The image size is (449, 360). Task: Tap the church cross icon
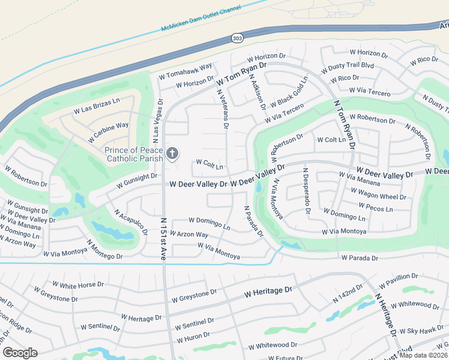(x=172, y=154)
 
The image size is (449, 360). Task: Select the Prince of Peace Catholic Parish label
(x=134, y=154)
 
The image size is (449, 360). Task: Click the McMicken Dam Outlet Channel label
(x=200, y=19)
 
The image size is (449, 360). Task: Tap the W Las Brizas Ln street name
(x=97, y=107)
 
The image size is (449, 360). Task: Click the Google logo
(x=20, y=353)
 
